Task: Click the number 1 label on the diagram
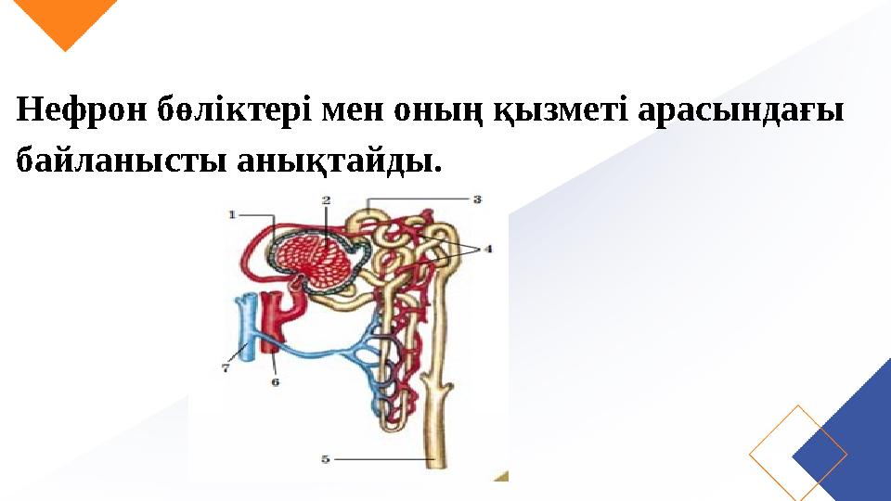233,214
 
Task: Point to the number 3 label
477,199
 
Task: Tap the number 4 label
487,249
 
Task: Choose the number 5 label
326,457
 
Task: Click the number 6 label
276,380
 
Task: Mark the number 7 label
226,367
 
